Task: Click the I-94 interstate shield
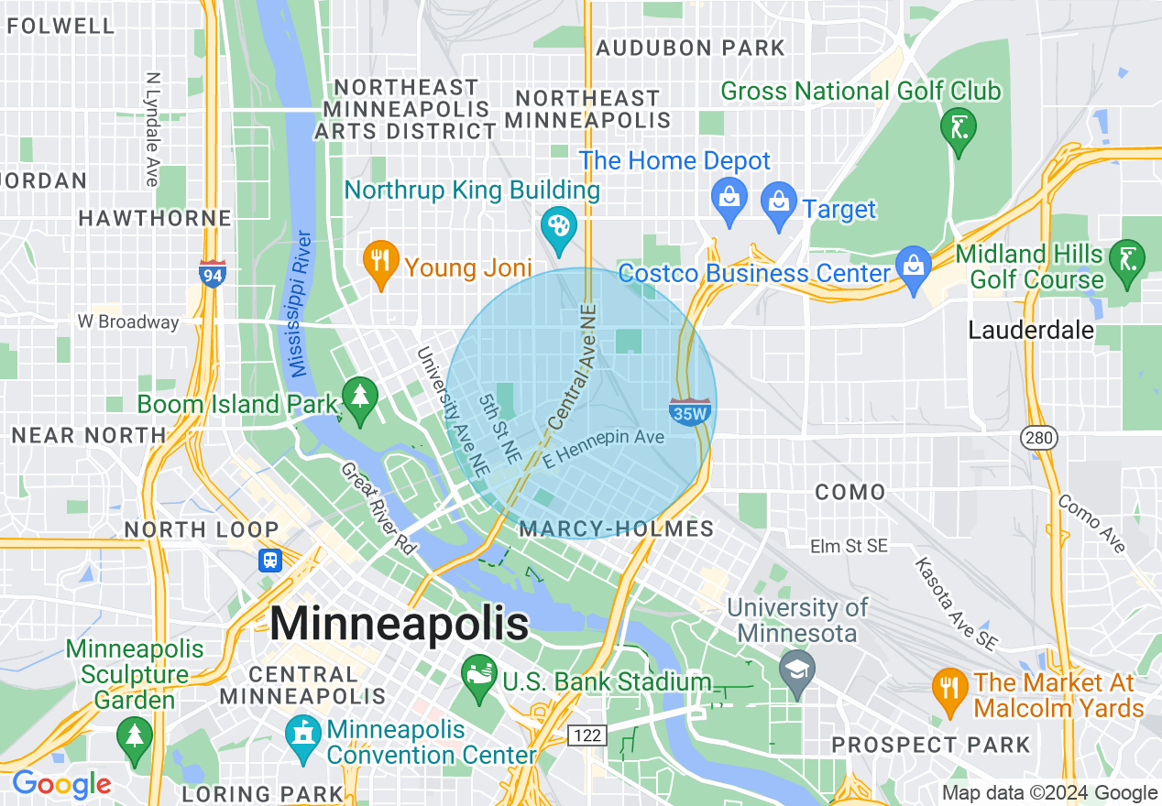coord(213,273)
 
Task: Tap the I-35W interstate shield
coord(690,412)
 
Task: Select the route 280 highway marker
coord(1040,438)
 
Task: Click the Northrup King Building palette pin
coord(556,226)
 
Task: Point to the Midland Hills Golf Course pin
coord(1124,260)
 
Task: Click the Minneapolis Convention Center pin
coord(301,736)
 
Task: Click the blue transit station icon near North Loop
coord(270,560)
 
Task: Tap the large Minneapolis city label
coord(400,624)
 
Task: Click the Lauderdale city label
coord(1031,330)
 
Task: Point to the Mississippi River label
coord(300,304)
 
